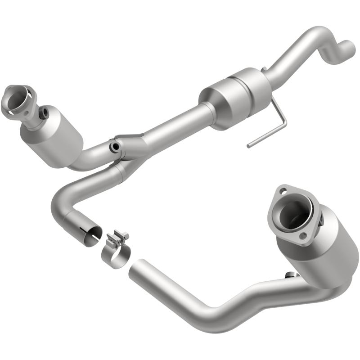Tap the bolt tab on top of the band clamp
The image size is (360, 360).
pos(120,236)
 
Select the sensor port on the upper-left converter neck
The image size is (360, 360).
pos(44,113)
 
